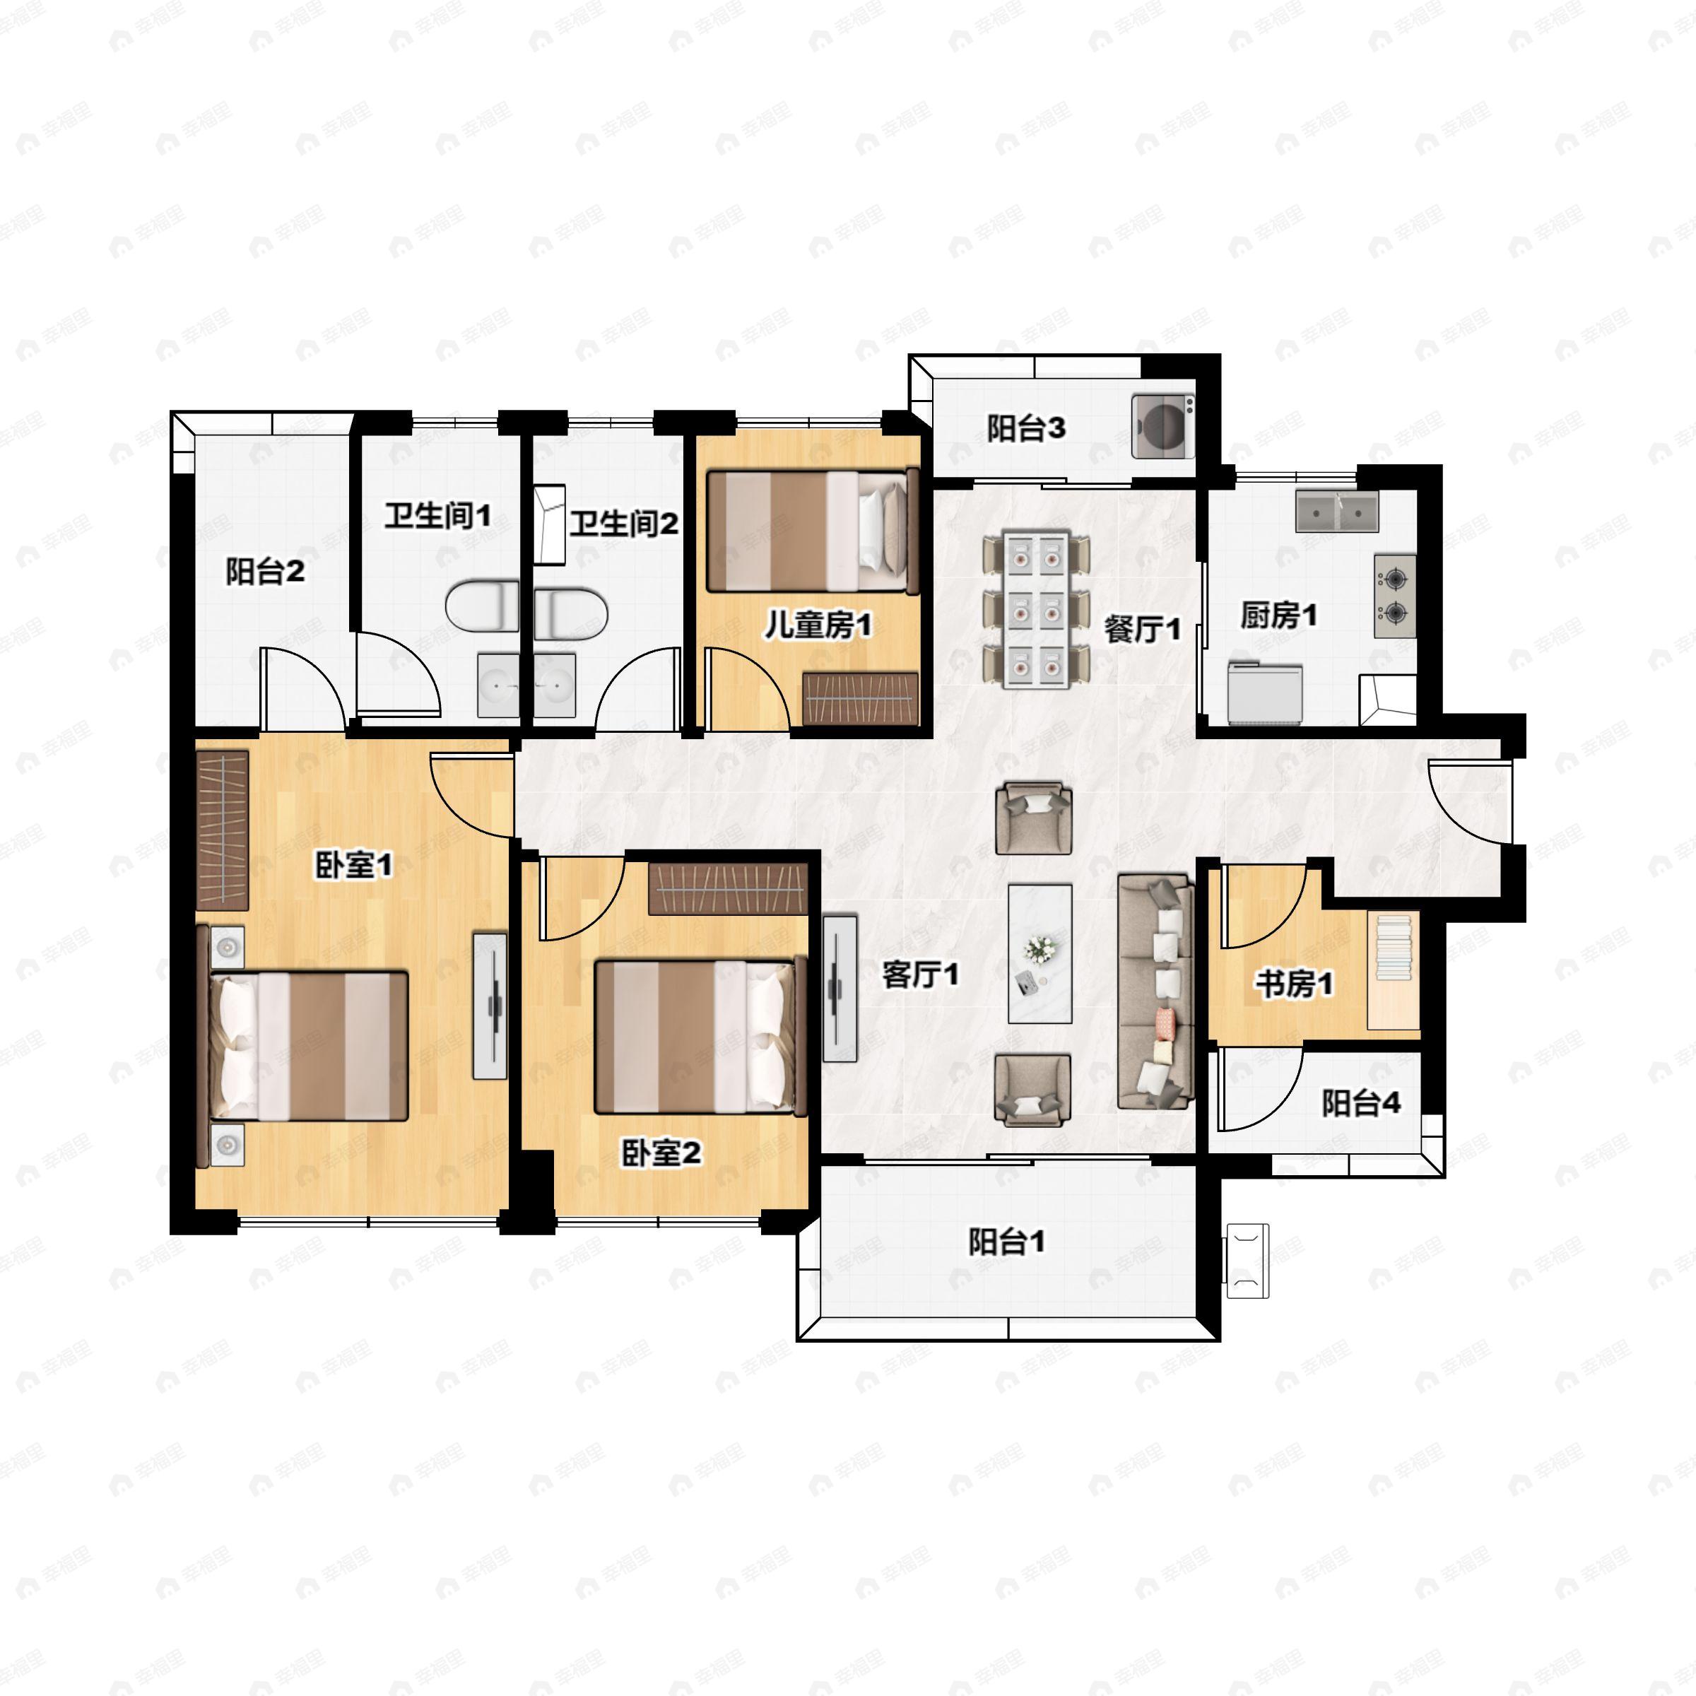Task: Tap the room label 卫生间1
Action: point(437,515)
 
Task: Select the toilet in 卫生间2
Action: point(570,613)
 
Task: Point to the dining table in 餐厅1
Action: point(1037,608)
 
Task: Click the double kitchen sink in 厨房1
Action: point(1336,512)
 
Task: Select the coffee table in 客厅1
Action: point(1040,953)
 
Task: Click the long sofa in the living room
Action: point(1155,991)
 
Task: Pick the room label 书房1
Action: point(1293,983)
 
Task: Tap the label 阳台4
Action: point(1360,1103)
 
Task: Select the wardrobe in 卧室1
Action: point(222,829)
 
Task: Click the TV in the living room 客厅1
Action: point(840,989)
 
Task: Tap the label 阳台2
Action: point(264,572)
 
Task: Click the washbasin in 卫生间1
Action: point(499,684)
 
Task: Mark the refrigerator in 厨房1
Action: point(1264,693)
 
